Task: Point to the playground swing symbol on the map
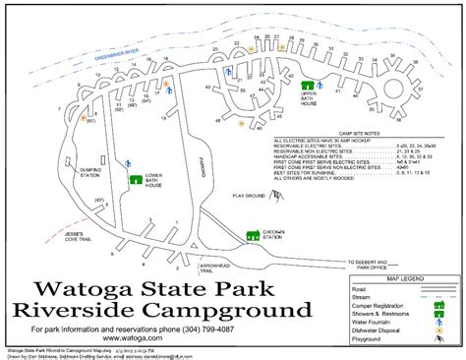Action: pyautogui.click(x=281, y=203)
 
